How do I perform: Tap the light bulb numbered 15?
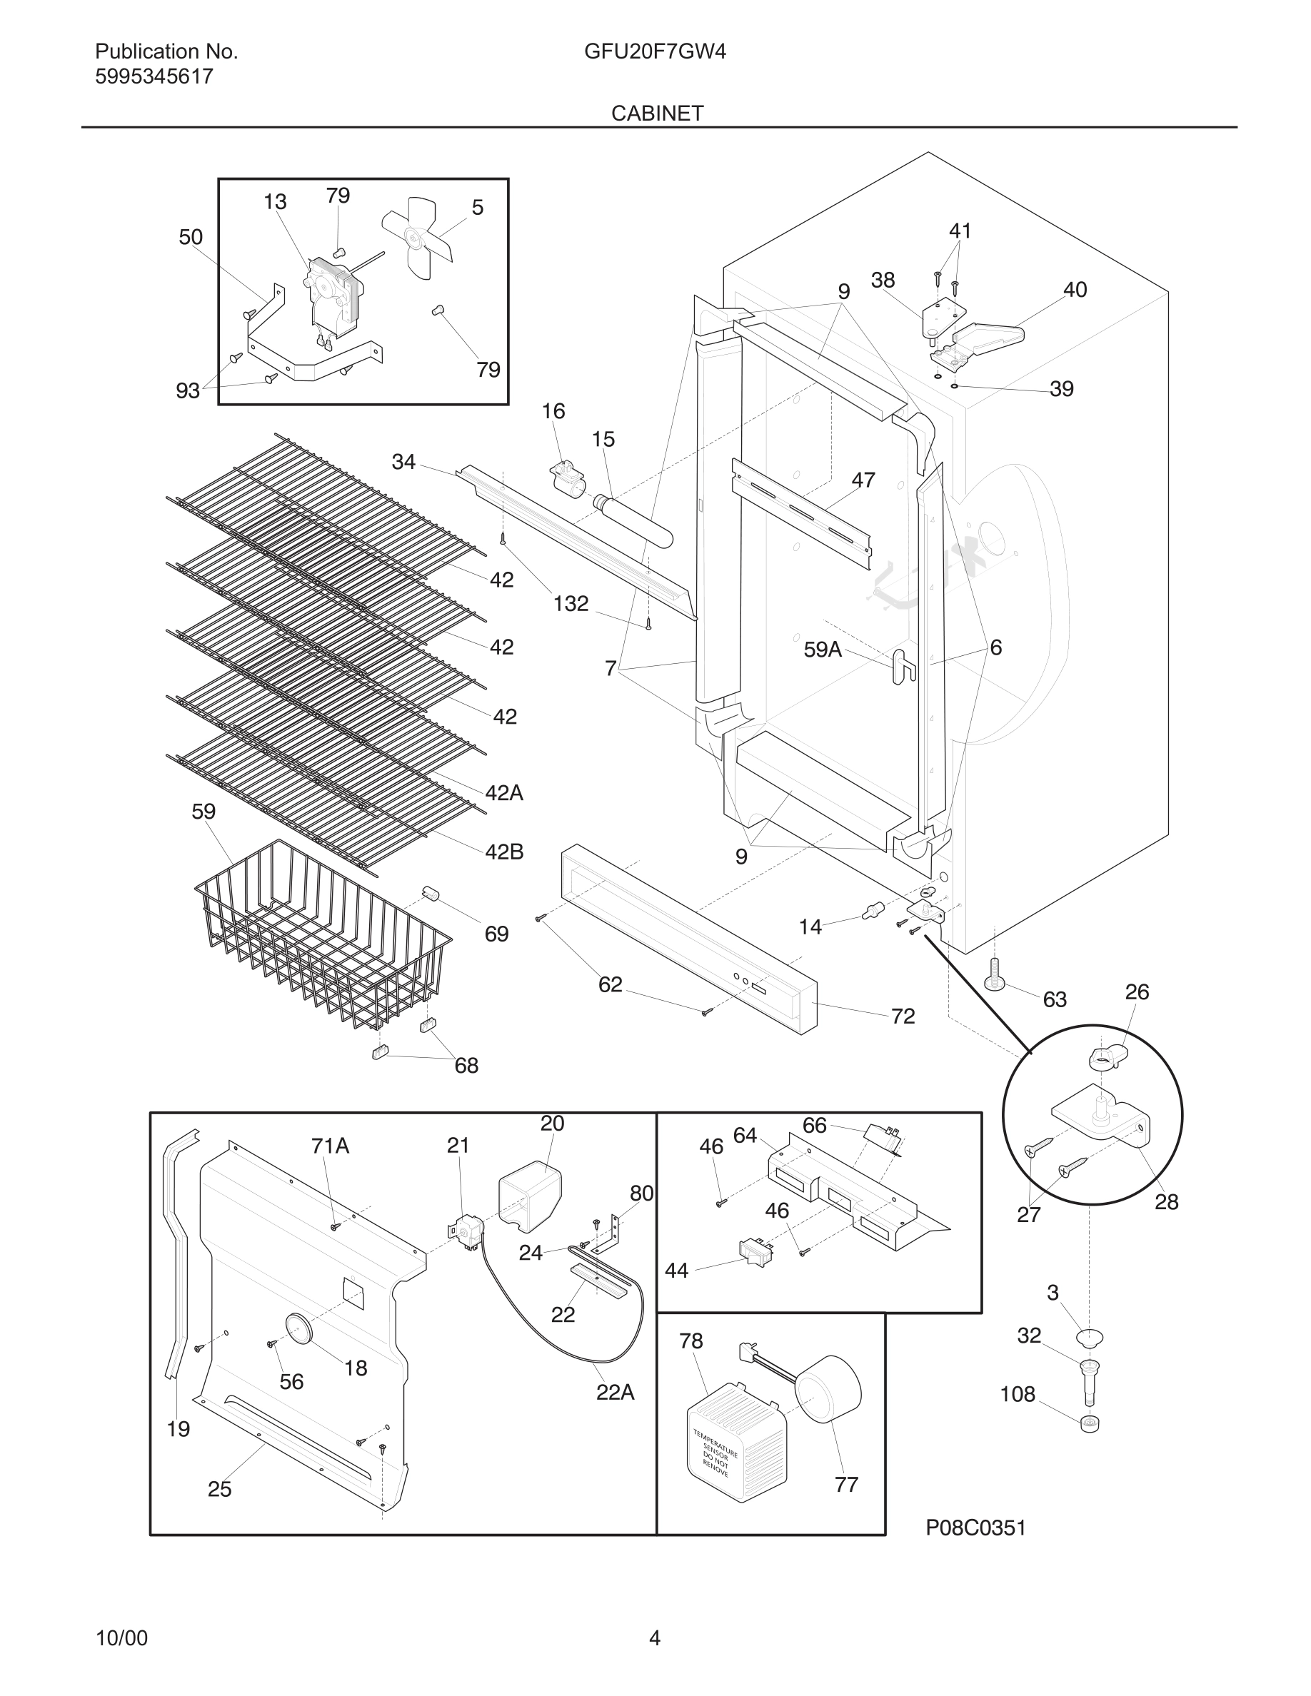[x=633, y=523]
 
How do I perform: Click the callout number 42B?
[x=504, y=852]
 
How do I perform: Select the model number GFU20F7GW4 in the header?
[x=655, y=52]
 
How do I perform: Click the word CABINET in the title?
[x=657, y=113]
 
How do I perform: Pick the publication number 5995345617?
[x=154, y=77]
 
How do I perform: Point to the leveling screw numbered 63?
[x=995, y=974]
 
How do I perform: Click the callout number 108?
[x=1018, y=1395]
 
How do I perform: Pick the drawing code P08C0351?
[x=975, y=1528]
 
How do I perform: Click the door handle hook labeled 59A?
[x=903, y=665]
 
